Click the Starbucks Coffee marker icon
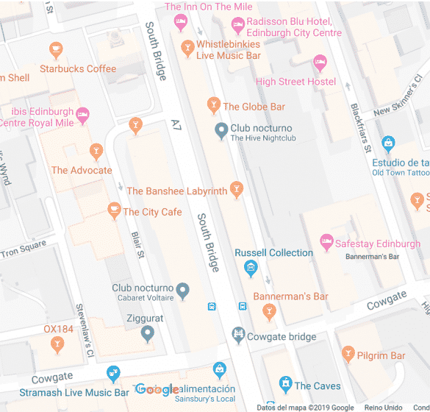coord(56,50)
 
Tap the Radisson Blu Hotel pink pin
coord(238,26)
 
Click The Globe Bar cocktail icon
coord(214,106)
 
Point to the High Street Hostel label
coord(295,82)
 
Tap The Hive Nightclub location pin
coord(220,131)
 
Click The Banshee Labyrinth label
coord(176,191)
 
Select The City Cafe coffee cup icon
coord(114,211)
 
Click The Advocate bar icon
coord(96,152)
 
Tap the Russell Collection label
coord(273,253)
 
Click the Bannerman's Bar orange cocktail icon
coord(269,313)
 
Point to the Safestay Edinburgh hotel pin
coord(326,241)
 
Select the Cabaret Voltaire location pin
coord(183,291)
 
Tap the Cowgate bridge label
coord(282,337)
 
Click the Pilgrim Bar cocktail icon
coord(348,355)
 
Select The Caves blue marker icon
coord(286,384)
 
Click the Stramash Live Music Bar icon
coord(112,374)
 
